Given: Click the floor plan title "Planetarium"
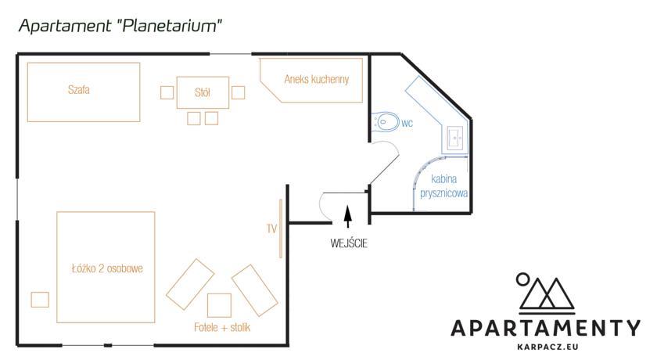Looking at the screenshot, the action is (x=170, y=26).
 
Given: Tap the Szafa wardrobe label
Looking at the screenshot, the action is (x=79, y=90).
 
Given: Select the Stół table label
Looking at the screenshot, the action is (x=203, y=92).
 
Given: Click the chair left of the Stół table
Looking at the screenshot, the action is (x=167, y=92).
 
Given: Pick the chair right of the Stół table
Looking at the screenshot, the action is (x=238, y=92).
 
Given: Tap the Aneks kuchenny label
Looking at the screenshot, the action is (x=316, y=79).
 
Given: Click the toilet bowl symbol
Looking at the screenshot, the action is (x=385, y=122).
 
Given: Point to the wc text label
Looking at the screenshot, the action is (x=407, y=123).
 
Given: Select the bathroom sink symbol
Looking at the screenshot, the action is (x=454, y=138).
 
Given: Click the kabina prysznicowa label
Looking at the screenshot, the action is (x=443, y=186).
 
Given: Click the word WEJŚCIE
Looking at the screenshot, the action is (x=349, y=243).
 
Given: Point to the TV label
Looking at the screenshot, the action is (x=271, y=229).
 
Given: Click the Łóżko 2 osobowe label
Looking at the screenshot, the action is (x=107, y=268).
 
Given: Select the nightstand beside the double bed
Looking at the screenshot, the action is (x=40, y=300).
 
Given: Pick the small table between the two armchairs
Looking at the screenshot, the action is (x=219, y=305).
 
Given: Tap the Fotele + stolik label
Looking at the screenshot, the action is (x=222, y=327).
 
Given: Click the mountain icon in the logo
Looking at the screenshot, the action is (x=546, y=293).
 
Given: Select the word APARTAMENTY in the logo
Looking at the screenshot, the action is (x=546, y=328).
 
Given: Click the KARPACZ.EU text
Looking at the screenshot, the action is (x=547, y=347).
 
